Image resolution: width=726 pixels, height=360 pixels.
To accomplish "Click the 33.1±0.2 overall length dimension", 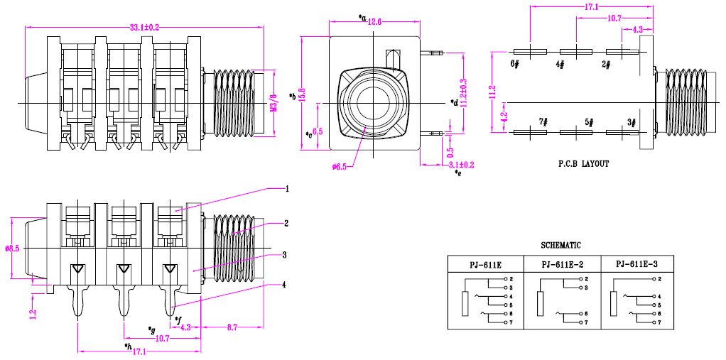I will coord(143,27).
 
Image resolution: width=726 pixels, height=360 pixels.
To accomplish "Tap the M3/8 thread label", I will coord(273,102).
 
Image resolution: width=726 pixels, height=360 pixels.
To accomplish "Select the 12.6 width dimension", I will coord(374,23).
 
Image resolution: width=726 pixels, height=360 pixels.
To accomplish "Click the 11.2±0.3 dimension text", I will coord(462,92).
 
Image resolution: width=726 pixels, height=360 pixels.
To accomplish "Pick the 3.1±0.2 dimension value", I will coord(462,165).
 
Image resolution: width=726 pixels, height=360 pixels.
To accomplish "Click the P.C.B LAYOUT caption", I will coord(583,163).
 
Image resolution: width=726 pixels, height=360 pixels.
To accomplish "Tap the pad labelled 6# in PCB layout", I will coord(515,63).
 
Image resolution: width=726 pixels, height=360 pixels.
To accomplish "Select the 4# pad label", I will coord(560,64).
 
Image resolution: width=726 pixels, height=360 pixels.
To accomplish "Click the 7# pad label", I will coord(543,121).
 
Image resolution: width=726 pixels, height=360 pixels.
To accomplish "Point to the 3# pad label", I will coord(631,121).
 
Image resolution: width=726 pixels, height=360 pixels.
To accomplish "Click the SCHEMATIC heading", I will coord(560,245).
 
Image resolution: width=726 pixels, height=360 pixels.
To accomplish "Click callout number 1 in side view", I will coord(286,189).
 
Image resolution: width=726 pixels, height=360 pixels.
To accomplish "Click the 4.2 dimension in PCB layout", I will coord(504,116).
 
